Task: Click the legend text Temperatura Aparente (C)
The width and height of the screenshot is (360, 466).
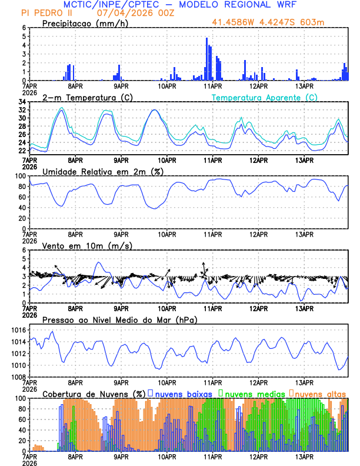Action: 265,97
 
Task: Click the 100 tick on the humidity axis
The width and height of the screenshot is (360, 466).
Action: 19,176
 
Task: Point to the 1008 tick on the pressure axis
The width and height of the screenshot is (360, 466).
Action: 16,377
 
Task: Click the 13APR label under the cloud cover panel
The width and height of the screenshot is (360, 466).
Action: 304,456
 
